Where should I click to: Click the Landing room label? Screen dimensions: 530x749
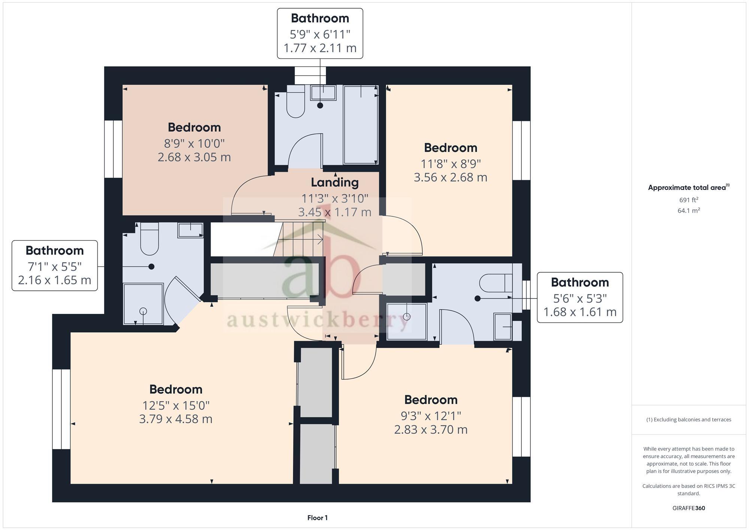pos(334,182)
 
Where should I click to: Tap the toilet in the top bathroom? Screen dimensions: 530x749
pos(295,103)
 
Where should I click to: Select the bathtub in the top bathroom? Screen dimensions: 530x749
pos(361,125)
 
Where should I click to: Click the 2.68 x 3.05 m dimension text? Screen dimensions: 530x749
pos(194,157)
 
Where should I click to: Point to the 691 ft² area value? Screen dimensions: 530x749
pos(688,200)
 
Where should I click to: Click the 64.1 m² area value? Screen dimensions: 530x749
pos(688,211)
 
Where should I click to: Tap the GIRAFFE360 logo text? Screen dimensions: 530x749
pos(688,508)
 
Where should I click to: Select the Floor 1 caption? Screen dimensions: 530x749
pos(317,518)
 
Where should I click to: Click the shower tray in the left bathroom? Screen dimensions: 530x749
pos(143,304)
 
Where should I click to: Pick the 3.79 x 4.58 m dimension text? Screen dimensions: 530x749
pos(176,419)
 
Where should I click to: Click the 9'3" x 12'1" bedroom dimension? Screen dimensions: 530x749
pos(431,416)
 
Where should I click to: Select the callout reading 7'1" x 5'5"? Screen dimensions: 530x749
pos(55,266)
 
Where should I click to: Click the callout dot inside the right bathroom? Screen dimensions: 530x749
pos(477,299)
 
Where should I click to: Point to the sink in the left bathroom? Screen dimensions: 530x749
pos(190,230)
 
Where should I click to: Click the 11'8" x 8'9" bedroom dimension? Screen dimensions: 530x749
pos(451,164)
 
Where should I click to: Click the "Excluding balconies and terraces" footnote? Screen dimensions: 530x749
pos(688,420)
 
